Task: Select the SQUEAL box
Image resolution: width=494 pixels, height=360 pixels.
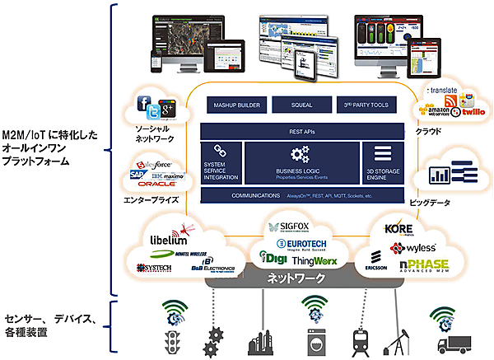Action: pos(301,105)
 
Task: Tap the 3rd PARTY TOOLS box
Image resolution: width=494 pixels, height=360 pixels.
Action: pos(368,105)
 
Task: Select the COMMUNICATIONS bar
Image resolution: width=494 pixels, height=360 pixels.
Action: pos(301,195)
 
